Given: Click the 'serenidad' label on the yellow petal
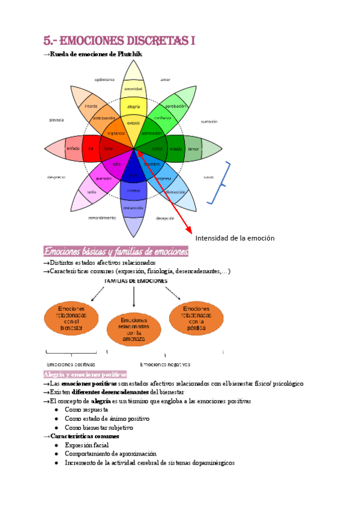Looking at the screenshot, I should coord(133,89).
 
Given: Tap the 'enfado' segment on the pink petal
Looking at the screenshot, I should coord(73,148).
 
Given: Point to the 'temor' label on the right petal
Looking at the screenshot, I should coord(193,148).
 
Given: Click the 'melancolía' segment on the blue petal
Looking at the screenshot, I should coord(133,208).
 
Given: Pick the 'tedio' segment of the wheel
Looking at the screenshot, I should coord(92,191).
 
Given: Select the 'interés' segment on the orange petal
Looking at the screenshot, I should coord(91,106).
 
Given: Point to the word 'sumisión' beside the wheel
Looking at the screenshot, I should coord(209,121).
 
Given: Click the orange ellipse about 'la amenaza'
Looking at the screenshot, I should coord(134,330).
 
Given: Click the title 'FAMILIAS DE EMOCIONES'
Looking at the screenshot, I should coord(136,280).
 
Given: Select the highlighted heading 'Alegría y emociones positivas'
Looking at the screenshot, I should coord(85,374).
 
